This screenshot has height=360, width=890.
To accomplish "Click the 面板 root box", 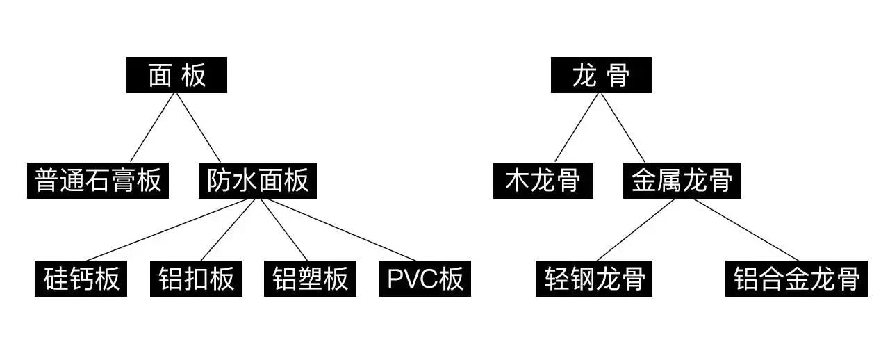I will point(176,75).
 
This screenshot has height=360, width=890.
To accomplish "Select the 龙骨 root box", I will point(601,75).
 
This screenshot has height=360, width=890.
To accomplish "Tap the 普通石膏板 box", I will point(98,181).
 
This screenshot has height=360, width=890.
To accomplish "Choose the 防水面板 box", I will point(258,181).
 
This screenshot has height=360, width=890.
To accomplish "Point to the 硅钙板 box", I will point(81,279).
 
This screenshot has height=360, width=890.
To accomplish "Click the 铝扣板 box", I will point(196,279).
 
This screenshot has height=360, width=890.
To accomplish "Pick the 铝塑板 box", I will point(310,279).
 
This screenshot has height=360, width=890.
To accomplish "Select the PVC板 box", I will point(425,279).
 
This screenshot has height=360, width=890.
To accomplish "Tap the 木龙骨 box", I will point(543,181).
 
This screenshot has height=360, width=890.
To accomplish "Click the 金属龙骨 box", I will point(682,181).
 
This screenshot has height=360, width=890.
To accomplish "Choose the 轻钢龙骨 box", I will point(594,279).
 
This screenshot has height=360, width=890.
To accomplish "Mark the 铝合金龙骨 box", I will point(796,279).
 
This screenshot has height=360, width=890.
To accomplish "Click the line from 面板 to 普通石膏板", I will point(153,128).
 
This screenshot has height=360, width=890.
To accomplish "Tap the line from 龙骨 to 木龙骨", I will point(577,128).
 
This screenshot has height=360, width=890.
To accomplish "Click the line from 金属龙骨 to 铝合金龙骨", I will point(745,230).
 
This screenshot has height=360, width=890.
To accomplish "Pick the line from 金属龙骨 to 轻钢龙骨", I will point(636,230).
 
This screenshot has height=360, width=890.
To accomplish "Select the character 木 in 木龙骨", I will point(518,181).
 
